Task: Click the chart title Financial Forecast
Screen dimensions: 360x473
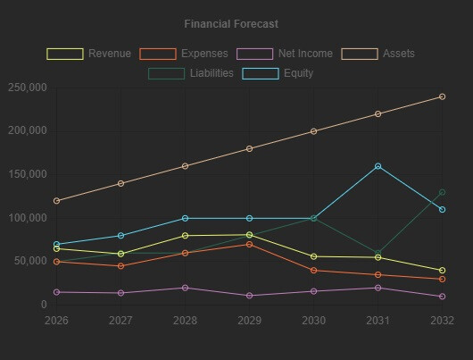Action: [231, 24]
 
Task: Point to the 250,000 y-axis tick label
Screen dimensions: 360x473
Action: [27, 88]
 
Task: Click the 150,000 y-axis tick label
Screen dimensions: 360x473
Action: [27, 174]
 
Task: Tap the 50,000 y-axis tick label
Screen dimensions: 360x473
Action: [30, 261]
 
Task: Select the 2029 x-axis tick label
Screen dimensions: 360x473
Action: [249, 320]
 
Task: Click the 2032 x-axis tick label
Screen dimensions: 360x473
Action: [442, 320]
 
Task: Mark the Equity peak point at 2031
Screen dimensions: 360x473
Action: [378, 166]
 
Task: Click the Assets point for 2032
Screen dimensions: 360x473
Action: [442, 96]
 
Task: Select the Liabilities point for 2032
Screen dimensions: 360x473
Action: [442, 192]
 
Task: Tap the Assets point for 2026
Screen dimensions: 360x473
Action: [56, 201]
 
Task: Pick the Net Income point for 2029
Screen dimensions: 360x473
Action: [249, 296]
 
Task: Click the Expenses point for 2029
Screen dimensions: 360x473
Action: [249, 244]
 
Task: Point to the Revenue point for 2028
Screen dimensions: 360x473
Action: [185, 236]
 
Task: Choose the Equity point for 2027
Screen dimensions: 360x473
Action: [120, 236]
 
